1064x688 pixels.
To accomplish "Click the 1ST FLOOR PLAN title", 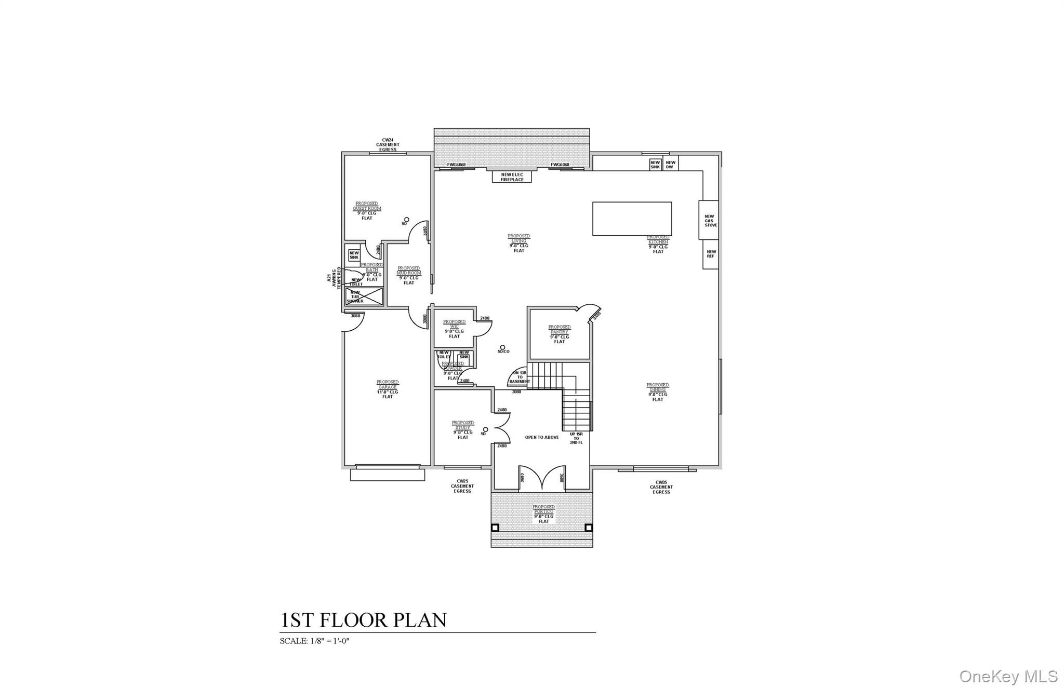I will pos(363,620).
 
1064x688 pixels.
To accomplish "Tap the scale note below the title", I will pos(314,641).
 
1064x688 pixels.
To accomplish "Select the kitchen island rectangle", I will pos(632,219).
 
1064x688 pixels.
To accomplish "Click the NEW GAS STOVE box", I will pos(709,220).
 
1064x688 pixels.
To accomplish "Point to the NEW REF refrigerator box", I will pos(710,254).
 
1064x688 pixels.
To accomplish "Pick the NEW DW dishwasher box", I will pos(670,165).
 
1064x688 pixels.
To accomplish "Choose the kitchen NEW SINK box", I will pos(655,165).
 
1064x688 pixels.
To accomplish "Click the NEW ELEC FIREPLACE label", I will pos(512,177).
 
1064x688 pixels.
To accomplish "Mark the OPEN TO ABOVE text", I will pos(542,437).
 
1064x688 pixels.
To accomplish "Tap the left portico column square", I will pos(495,528).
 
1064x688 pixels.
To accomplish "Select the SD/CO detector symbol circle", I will pos(502,347).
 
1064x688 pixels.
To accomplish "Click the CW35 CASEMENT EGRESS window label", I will pos(661,487).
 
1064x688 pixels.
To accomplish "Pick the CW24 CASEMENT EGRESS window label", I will pos(388,144).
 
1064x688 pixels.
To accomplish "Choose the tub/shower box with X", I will pos(364,296).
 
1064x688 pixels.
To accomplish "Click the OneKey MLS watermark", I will pos(1008,676).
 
